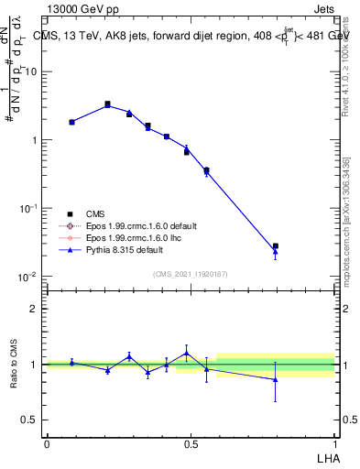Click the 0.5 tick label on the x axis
191,443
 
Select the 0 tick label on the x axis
47,443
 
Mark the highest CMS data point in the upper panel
107,104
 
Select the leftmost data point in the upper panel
71,122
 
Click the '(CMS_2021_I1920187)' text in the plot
190,274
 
